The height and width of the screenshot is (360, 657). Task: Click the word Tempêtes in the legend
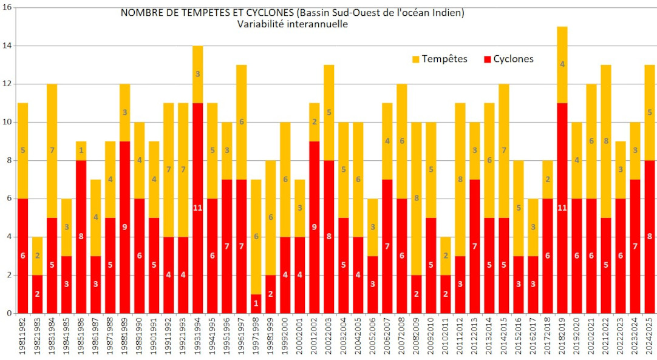coord(444,59)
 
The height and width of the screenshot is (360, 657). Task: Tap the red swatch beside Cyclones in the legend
coord(487,59)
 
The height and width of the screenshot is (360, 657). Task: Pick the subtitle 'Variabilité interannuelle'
coord(293,24)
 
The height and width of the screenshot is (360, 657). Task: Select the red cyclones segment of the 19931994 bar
coord(198,208)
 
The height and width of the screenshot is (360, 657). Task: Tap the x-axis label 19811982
coord(23,337)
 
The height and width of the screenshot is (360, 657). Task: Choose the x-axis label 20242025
coord(650,337)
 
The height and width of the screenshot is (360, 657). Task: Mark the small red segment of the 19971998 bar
coord(256,304)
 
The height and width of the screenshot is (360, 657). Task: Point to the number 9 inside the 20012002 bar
coord(315,228)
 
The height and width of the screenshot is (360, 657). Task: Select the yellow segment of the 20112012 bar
coord(460,180)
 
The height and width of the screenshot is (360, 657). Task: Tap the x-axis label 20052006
coord(373,337)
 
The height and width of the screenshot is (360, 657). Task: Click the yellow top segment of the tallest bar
coord(562,65)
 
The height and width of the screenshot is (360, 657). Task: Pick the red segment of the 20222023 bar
coord(621,256)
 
